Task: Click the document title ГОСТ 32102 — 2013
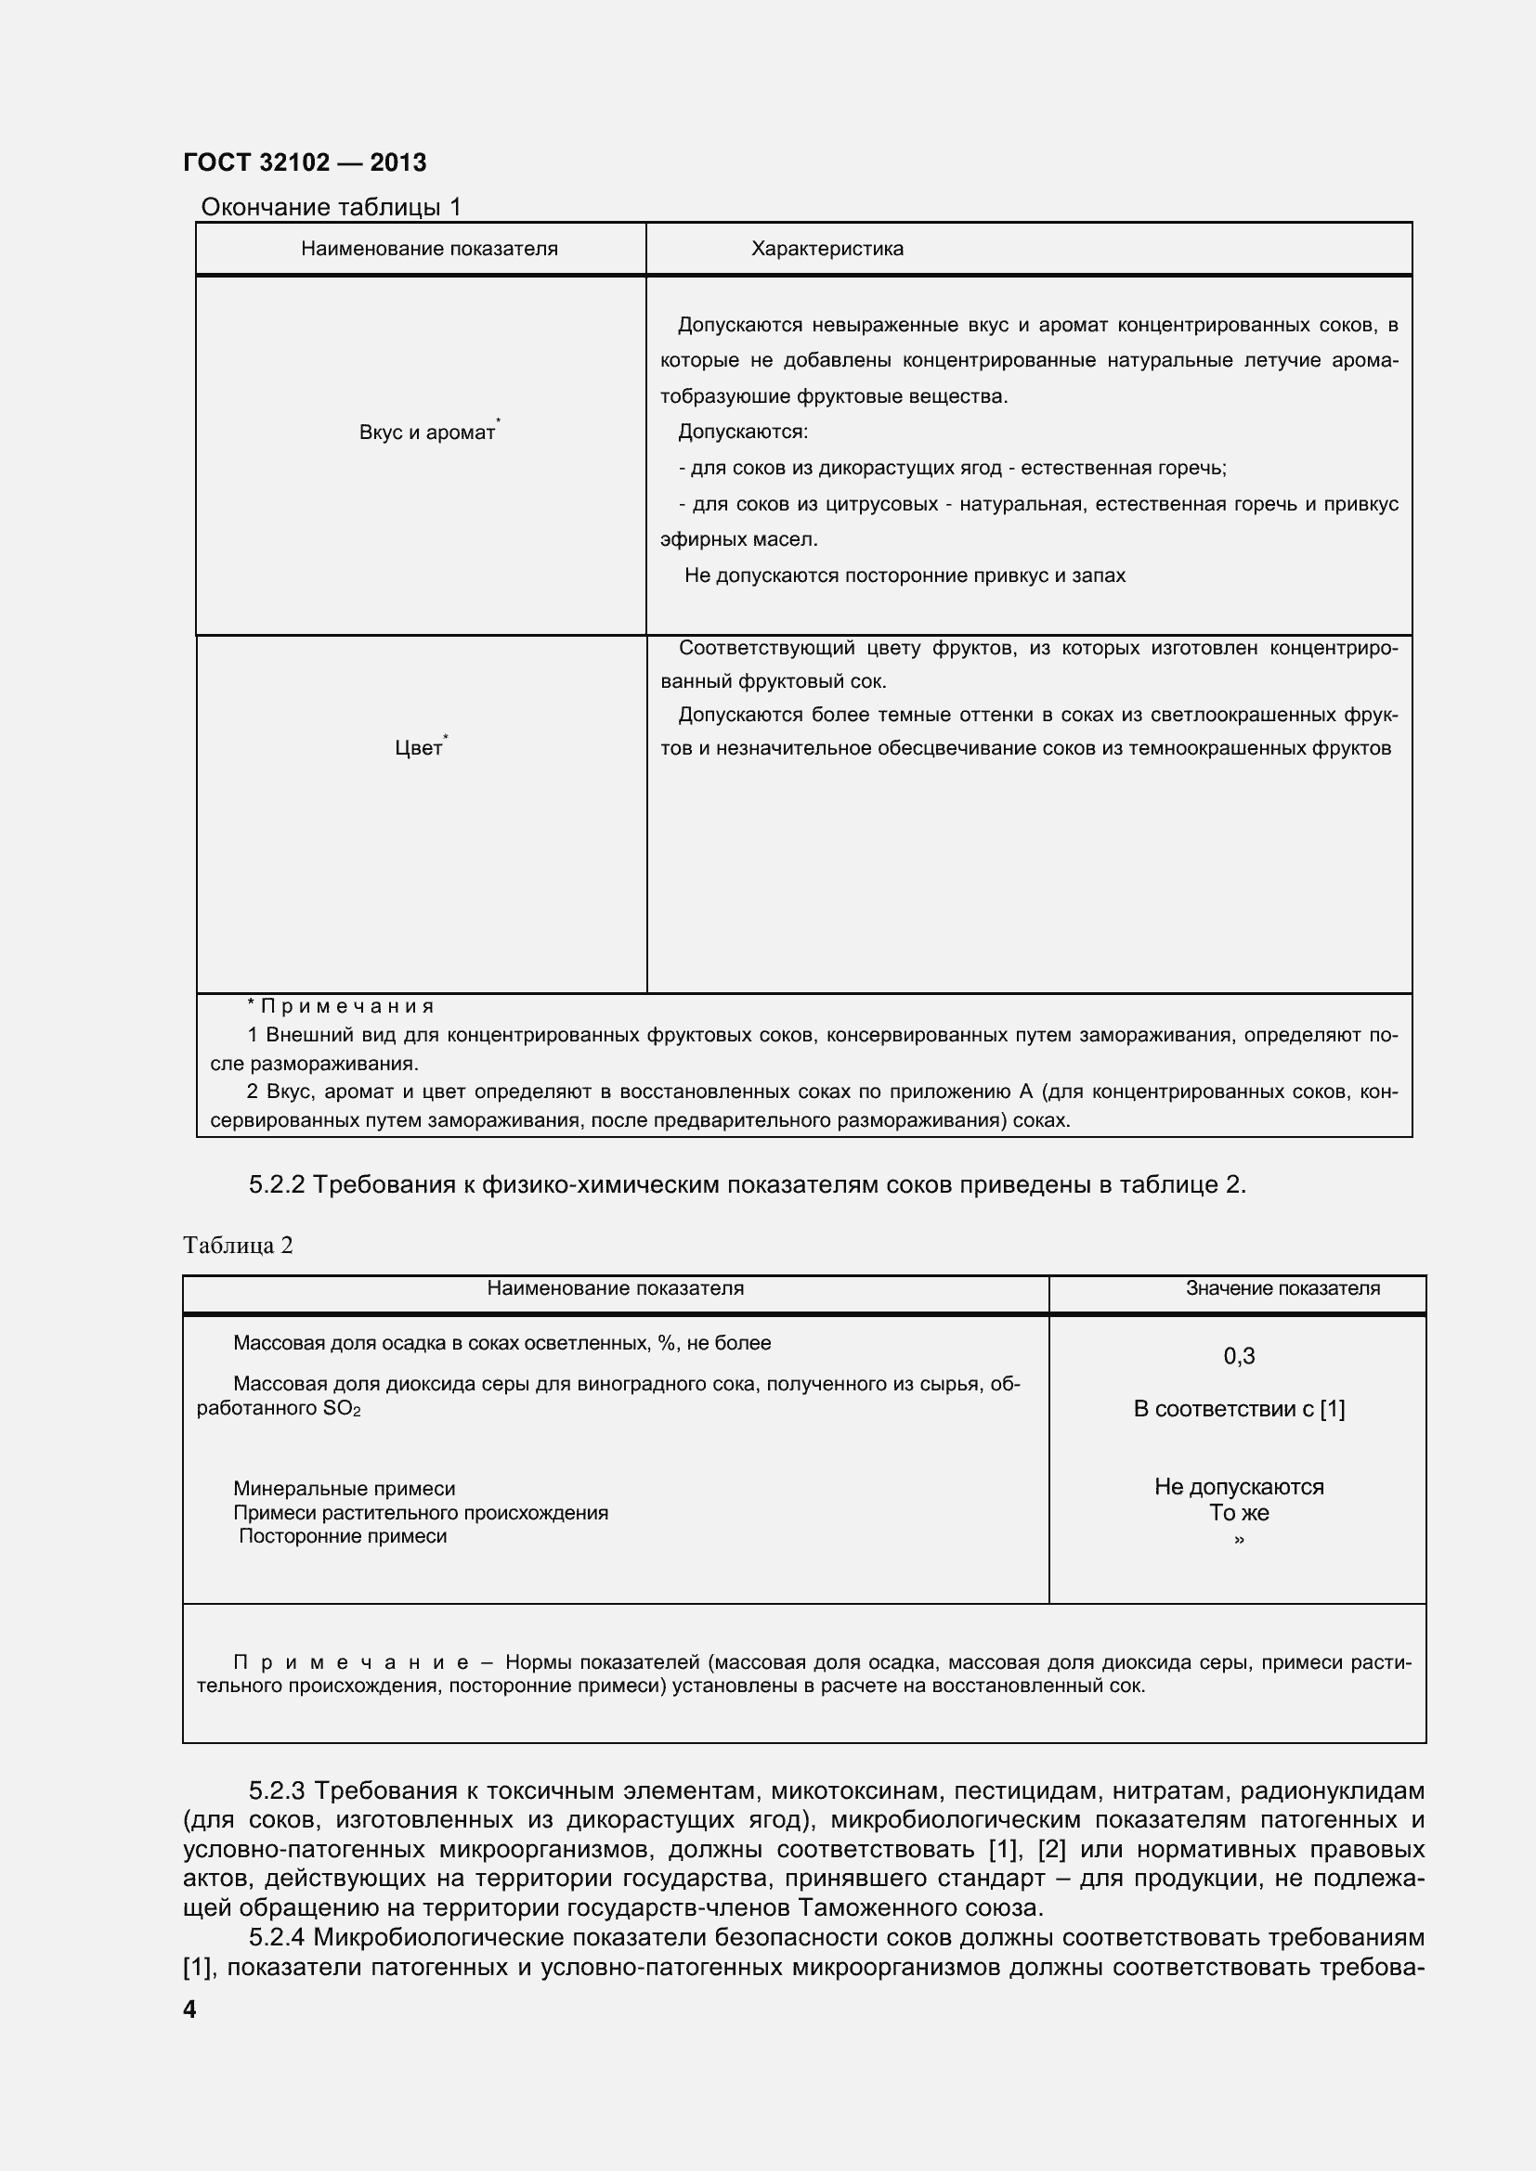305,162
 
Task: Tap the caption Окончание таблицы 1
331,207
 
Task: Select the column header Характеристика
827,249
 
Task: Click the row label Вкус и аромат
427,433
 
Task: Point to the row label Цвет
418,749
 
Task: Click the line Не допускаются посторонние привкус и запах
905,575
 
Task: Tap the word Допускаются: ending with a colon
743,433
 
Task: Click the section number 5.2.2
276,1184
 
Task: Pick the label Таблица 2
239,1246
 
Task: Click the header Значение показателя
1282,1288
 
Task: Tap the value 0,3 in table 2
1238,1356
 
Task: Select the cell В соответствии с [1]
1238,1409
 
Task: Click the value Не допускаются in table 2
1238,1486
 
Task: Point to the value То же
1238,1513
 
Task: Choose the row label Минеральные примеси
345,1488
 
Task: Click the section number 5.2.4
276,1938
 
